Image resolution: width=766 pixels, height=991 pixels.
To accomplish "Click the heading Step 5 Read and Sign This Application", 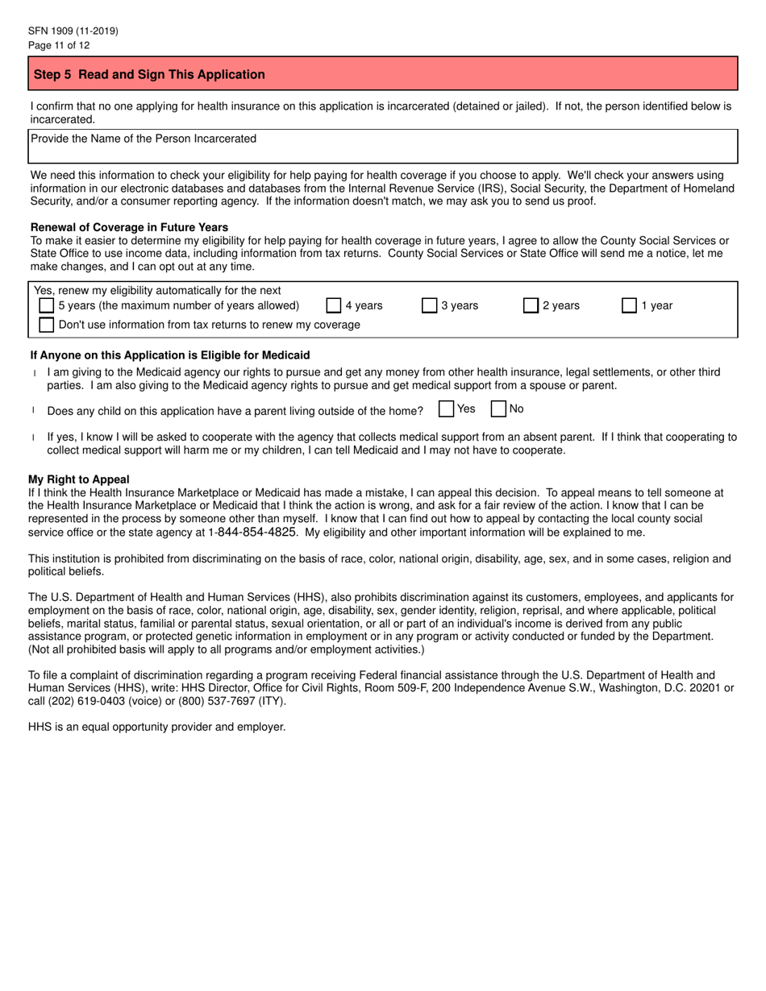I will click(149, 74).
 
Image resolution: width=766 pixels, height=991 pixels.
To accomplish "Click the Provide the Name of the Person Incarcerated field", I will click(384, 147).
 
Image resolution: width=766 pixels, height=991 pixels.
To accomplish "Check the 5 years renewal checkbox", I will click(47, 305).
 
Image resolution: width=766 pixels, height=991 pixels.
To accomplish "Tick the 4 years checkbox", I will click(333, 305).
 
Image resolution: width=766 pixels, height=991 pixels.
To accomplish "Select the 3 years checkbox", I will click(429, 305).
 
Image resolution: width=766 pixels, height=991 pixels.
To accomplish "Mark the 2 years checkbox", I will click(531, 305).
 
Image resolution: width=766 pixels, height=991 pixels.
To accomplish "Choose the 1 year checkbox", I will click(629, 305).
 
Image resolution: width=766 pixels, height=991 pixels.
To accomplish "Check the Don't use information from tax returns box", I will click(47, 325).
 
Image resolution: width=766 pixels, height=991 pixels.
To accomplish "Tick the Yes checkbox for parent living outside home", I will click(446, 409).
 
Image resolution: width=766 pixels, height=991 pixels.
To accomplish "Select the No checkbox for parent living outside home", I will click(498, 409).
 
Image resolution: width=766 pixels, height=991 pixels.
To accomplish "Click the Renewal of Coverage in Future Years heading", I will click(129, 227).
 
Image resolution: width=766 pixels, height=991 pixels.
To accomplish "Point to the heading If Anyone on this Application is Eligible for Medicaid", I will click(169, 355).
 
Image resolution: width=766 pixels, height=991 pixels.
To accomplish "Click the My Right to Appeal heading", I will click(79, 479).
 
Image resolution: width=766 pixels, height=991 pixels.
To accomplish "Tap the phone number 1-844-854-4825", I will click(252, 533).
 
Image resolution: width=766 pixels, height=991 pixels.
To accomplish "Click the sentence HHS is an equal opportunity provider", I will click(157, 727).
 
